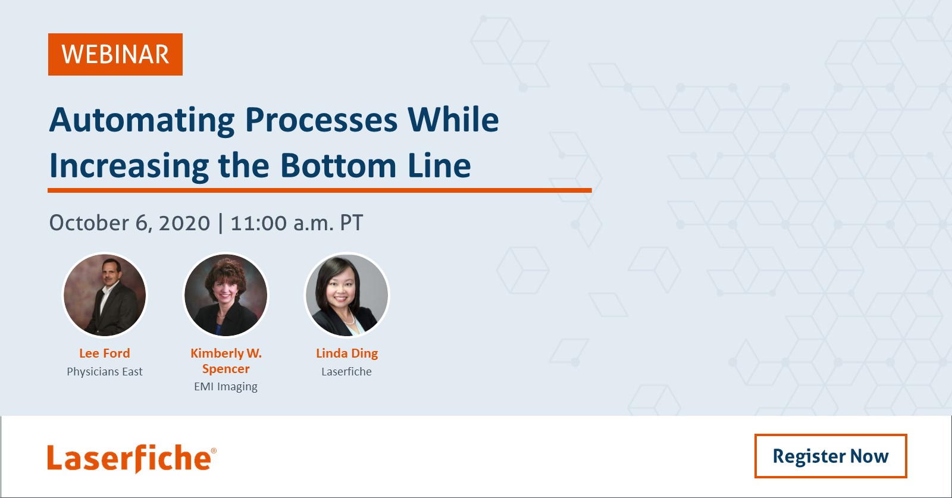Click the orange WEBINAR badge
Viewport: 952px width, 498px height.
(x=115, y=54)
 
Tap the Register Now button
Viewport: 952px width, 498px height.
(x=831, y=456)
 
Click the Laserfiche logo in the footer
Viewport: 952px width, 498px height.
(x=131, y=459)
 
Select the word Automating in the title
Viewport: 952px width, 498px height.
(x=142, y=121)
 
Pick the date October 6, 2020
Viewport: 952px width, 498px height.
(x=130, y=223)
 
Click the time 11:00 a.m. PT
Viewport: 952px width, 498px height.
(x=297, y=223)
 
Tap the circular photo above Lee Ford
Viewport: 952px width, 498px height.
(x=105, y=295)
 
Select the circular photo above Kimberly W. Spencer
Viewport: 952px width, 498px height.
(x=226, y=295)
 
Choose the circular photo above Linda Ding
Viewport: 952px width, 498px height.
(x=347, y=295)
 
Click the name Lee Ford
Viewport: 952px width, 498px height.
(x=105, y=353)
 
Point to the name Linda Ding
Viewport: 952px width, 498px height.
(x=347, y=353)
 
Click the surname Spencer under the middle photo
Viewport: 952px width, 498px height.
(x=226, y=369)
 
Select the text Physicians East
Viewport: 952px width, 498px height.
(x=105, y=372)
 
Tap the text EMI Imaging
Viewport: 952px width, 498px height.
(x=226, y=387)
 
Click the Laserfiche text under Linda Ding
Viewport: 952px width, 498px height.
(x=346, y=372)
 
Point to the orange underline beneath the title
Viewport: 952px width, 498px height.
(x=320, y=190)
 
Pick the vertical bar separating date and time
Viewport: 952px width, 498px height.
(x=221, y=224)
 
